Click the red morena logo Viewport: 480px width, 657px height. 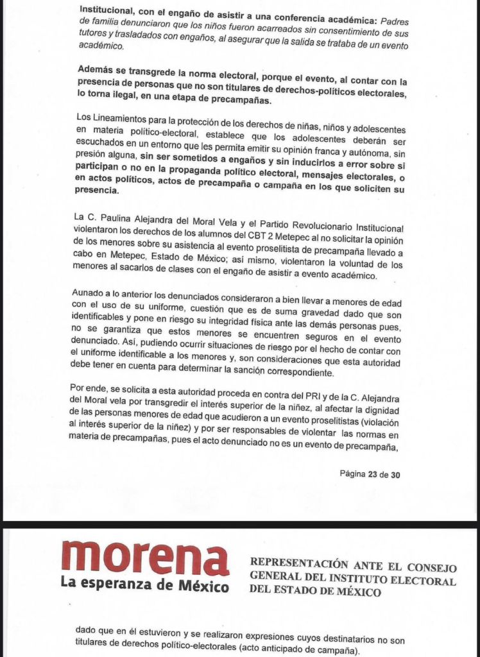click(x=145, y=557)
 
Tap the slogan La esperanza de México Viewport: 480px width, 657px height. click(x=145, y=586)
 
